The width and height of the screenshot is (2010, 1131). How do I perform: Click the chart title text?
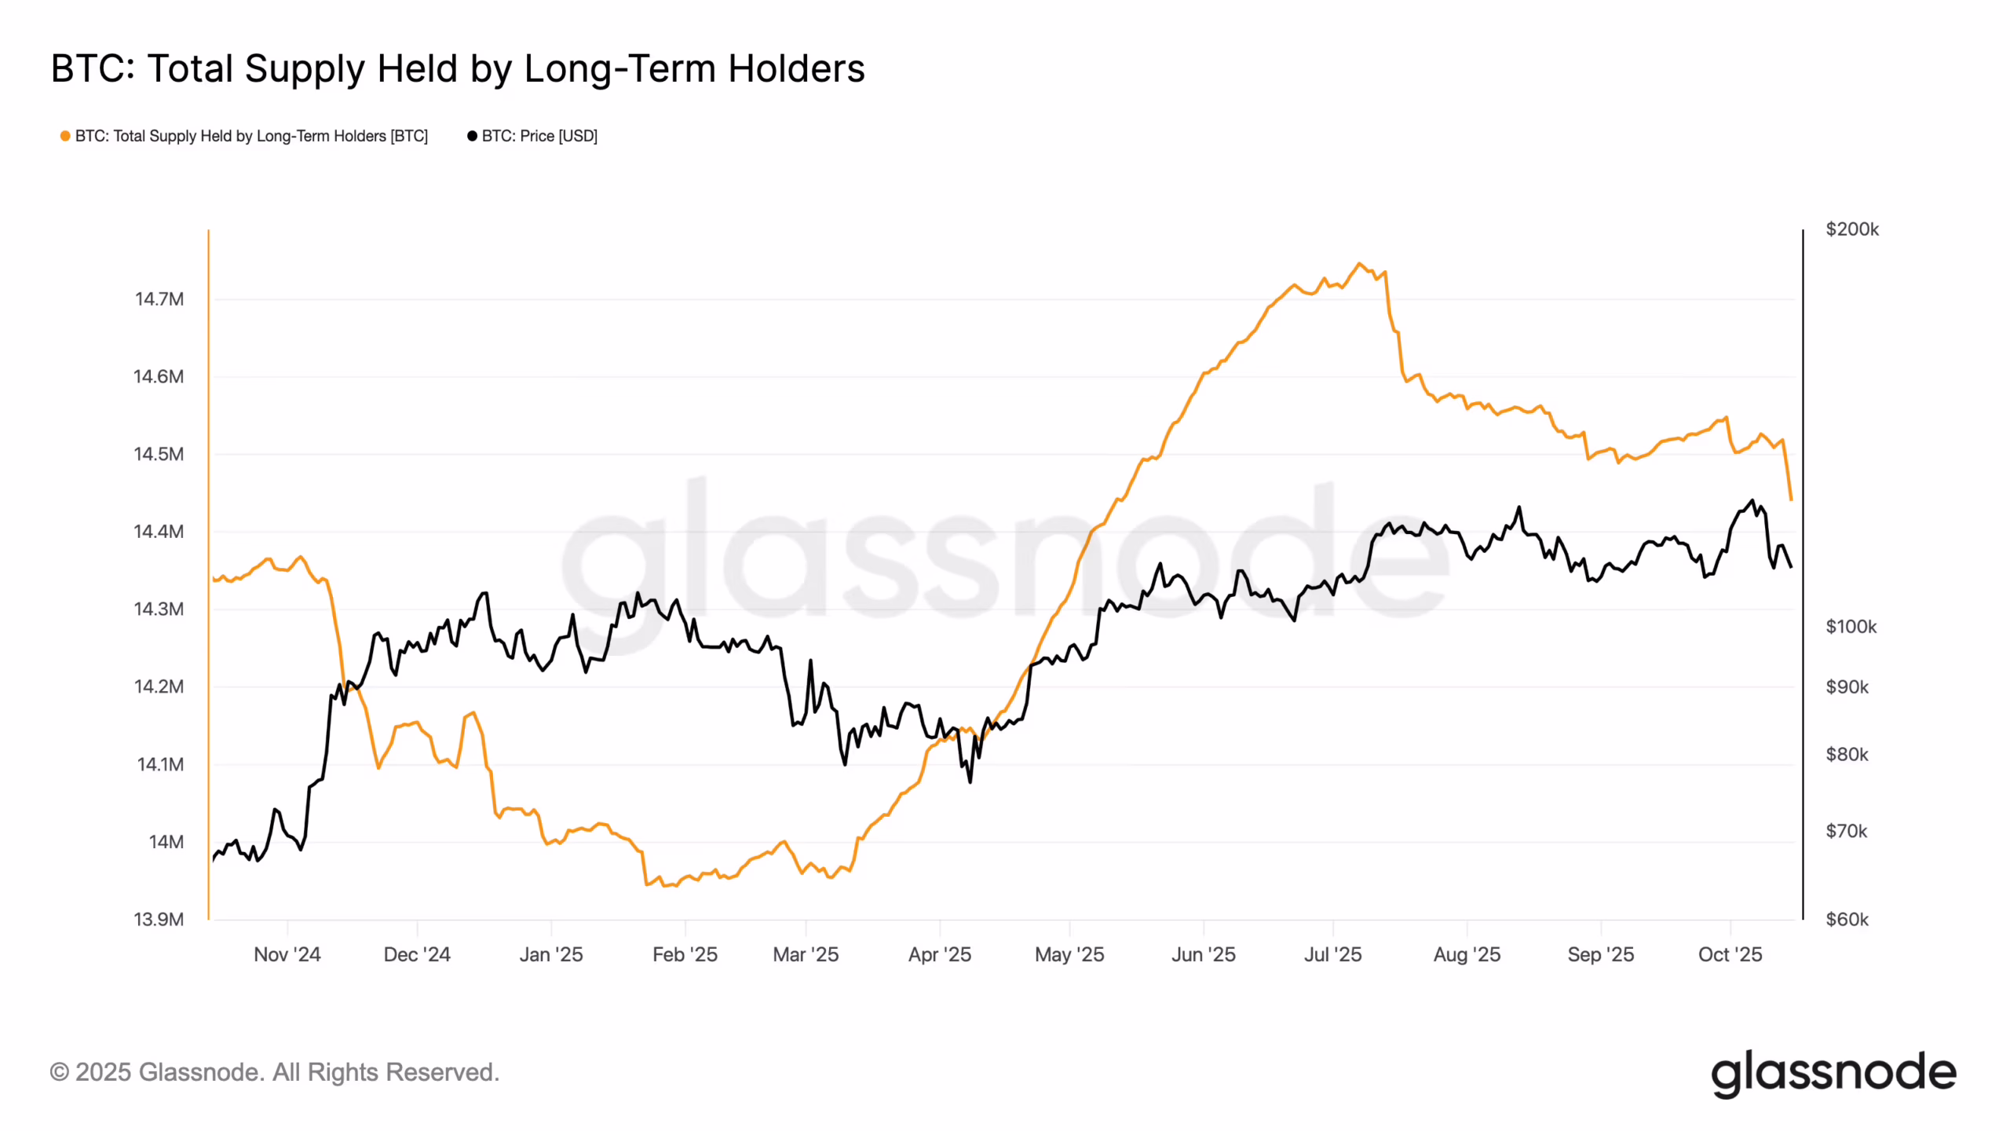point(458,69)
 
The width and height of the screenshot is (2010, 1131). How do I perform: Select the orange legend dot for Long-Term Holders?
point(65,136)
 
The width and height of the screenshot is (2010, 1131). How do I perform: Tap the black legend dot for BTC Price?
point(472,136)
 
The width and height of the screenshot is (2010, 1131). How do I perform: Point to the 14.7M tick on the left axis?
point(159,299)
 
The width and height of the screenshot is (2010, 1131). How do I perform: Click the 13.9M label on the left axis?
point(159,919)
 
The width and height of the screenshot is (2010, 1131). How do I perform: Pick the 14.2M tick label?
point(159,686)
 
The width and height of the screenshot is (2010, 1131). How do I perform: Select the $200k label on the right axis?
point(1852,229)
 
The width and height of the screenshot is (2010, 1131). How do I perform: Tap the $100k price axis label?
point(1851,627)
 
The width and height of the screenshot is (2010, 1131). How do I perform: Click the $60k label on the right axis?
point(1847,919)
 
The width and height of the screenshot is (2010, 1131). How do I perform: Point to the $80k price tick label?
point(1847,755)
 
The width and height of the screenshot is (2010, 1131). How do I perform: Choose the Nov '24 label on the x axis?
point(287,954)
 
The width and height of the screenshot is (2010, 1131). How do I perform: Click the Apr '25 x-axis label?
point(939,954)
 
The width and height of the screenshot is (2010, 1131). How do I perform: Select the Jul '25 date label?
point(1332,954)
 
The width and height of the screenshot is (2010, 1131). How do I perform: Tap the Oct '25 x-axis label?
point(1730,954)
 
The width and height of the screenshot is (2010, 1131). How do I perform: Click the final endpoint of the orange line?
point(1791,500)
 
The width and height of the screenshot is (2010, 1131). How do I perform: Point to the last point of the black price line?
point(1791,567)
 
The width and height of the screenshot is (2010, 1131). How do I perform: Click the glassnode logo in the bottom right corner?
point(1833,1073)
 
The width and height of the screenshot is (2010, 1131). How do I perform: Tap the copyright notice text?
point(275,1072)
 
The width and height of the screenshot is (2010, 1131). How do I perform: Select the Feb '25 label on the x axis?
point(685,954)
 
